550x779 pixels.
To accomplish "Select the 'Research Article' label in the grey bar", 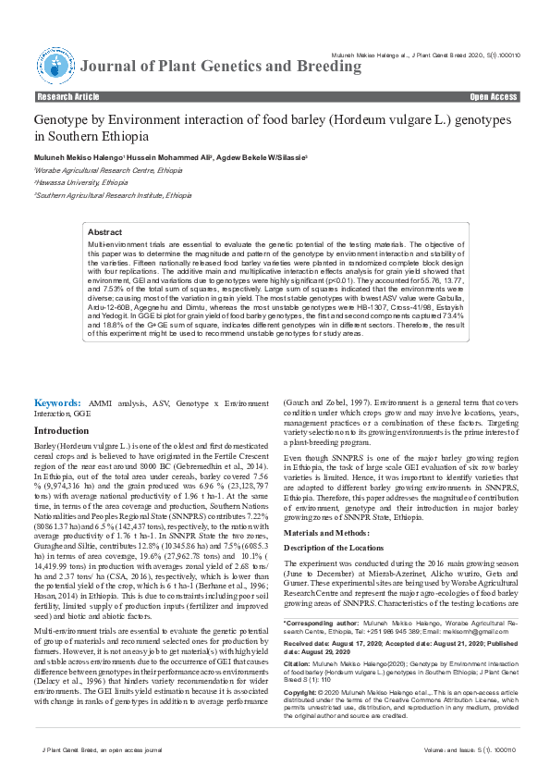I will (x=67, y=96).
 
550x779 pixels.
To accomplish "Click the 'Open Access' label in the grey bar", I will (x=493, y=96).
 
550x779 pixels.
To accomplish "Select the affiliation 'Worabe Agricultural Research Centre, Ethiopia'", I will (x=95, y=171).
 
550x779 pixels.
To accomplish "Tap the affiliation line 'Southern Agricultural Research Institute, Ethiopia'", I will (x=100, y=195).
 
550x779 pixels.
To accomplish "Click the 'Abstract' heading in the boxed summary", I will (x=104, y=233).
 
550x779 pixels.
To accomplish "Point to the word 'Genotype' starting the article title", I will (x=62, y=121).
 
